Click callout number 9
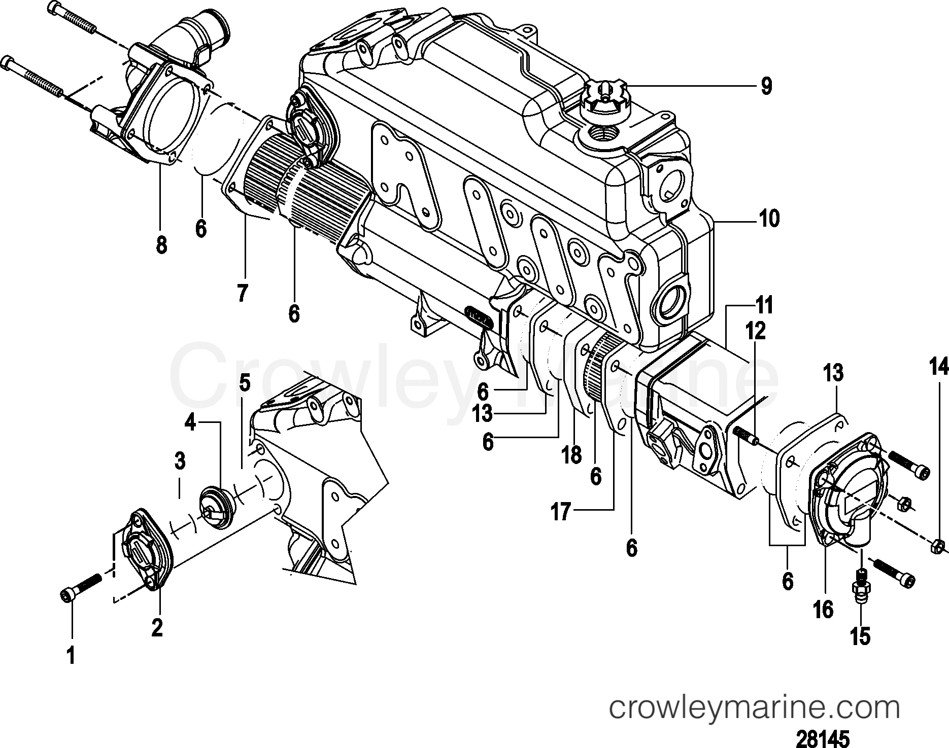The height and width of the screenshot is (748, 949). click(x=766, y=86)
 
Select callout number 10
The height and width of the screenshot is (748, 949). click(x=769, y=220)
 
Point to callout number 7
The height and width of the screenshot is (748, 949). click(x=243, y=293)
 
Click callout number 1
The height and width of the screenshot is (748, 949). click(x=71, y=656)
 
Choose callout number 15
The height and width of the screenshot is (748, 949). click(x=861, y=635)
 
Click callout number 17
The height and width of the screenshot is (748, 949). click(x=562, y=512)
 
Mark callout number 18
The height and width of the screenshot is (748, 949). click(x=572, y=455)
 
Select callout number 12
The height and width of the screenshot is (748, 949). click(x=755, y=332)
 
